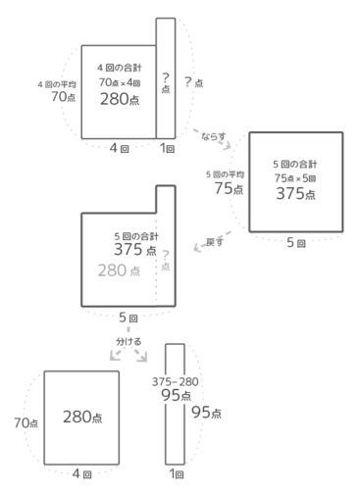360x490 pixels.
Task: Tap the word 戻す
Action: pyautogui.click(x=210, y=241)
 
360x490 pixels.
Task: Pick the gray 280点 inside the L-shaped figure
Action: pyautogui.click(x=120, y=269)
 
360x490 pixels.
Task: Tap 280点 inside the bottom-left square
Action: pyautogui.click(x=83, y=416)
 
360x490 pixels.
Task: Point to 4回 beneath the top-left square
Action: pyautogui.click(x=118, y=149)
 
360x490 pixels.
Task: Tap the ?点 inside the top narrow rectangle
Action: pyautogui.click(x=166, y=81)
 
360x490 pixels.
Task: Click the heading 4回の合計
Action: pyautogui.click(x=118, y=67)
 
